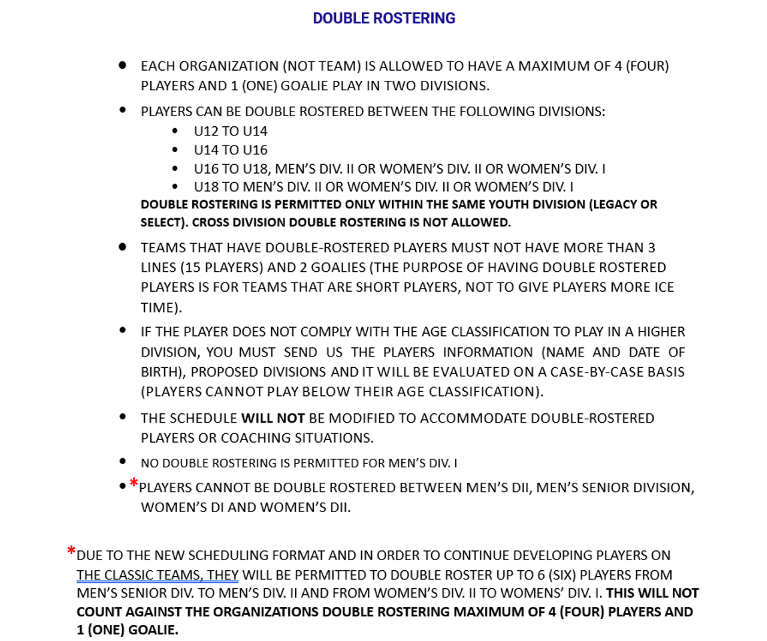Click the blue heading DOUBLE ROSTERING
[384, 19]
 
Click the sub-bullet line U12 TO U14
[230, 131]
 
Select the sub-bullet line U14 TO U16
[230, 150]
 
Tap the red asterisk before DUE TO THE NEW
[71, 552]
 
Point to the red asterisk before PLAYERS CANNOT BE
[134, 483]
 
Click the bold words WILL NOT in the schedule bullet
[273, 418]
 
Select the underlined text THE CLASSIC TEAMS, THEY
[158, 575]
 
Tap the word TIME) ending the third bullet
[161, 307]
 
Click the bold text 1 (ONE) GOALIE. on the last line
[127, 630]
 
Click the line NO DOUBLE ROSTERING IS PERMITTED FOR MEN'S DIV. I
[298, 463]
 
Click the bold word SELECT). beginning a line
[163, 222]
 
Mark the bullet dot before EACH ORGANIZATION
[123, 65]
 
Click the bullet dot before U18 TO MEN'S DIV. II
[176, 187]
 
